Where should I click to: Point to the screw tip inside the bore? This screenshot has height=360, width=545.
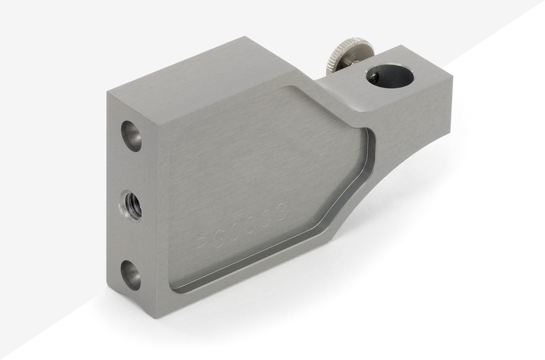[373, 77]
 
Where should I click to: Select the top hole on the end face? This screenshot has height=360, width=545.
[131, 135]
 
